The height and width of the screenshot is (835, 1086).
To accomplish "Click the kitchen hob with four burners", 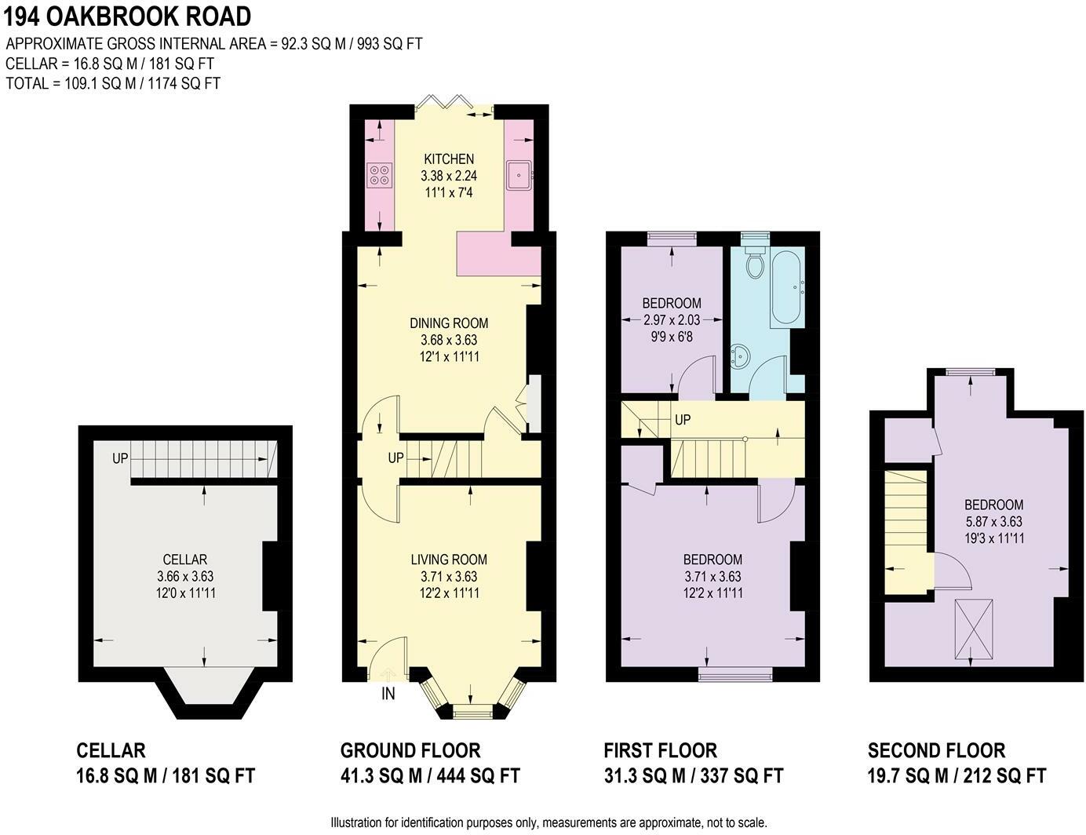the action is coord(379,175).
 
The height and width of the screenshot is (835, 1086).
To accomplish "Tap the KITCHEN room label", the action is coord(449,159).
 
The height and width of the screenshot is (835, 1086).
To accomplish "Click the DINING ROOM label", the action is coord(449,323).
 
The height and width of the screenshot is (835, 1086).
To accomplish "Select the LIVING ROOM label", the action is coord(449,560).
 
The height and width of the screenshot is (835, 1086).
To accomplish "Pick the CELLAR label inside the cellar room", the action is coord(185,560).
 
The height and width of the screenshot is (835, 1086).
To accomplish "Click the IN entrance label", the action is coord(388,694).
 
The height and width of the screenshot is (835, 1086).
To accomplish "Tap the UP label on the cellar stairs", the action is coord(120,458).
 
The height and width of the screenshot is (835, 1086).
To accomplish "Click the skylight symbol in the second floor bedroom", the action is coord(974,629).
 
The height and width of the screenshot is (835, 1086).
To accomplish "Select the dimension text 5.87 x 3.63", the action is coord(993,521).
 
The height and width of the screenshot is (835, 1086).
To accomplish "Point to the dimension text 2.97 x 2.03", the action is coord(672,319).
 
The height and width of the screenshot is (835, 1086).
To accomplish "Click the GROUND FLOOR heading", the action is coord(410,750).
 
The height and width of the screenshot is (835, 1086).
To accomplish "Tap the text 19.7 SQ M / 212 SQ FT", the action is coord(957,775).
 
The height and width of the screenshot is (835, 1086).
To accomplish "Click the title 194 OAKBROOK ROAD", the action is coord(127,17).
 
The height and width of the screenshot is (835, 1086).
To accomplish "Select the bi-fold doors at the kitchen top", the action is coord(445,102).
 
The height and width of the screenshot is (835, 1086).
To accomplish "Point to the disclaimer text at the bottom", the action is coord(548,822).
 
